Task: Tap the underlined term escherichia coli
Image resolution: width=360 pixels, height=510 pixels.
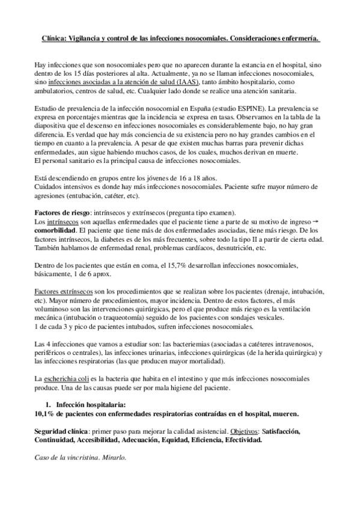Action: [x=72, y=379]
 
